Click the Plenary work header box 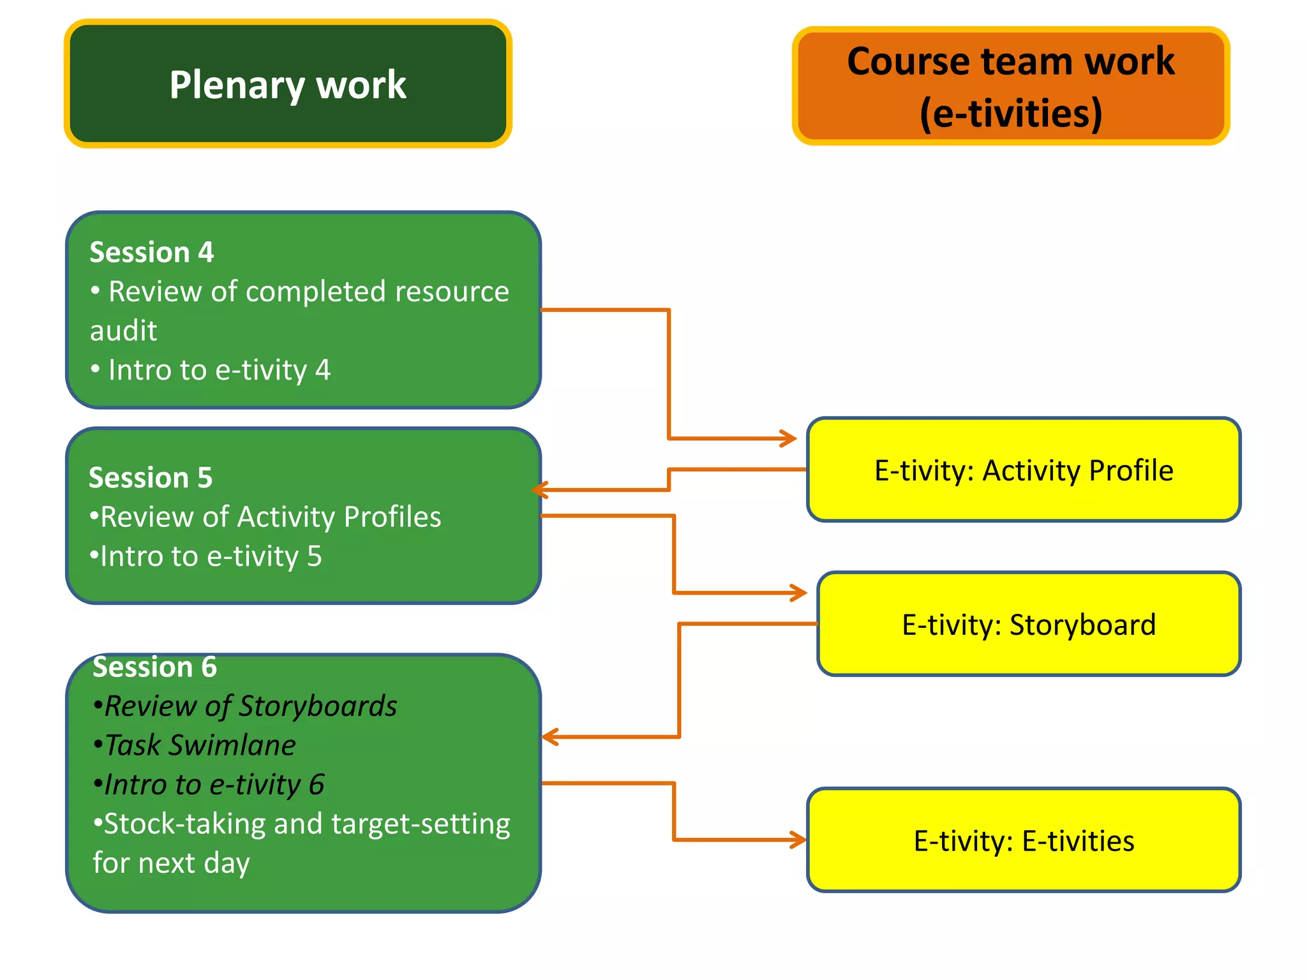288,84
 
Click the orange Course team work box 1010,86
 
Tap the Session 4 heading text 151,252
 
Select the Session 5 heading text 150,477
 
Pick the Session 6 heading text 154,667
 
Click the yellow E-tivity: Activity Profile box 1023,470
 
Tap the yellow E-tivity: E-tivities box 1023,840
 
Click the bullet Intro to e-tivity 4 211,370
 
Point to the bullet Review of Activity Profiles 265,517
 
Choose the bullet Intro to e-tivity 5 205,556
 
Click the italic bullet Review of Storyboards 246,706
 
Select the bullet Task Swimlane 195,745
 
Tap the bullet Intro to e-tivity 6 209,785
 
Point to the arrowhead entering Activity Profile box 790,438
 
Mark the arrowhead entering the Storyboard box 800,593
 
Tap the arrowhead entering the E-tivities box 799,840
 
